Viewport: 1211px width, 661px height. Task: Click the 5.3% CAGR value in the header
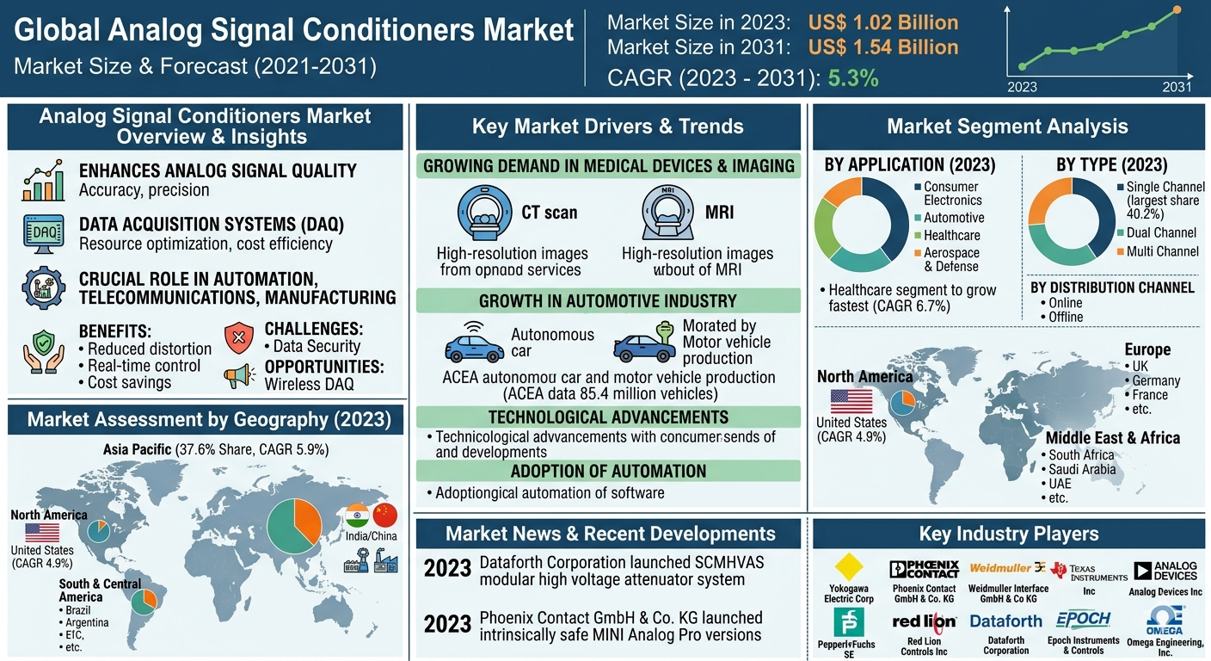pos(852,78)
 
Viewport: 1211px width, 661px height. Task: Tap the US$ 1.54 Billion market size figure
pos(883,47)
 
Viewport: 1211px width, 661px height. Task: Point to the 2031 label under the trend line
pos(1177,86)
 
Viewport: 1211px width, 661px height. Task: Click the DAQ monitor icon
pos(43,233)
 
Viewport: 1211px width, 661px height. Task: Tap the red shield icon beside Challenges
pos(239,338)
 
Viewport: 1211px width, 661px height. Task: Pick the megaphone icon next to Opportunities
pos(239,375)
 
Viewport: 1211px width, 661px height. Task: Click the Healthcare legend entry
pos(951,235)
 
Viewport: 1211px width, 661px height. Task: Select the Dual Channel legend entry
pos(1161,232)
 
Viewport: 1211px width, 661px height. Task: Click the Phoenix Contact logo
pos(924,569)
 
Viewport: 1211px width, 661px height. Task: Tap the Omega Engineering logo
pos(1165,620)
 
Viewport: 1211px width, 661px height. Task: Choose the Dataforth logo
pos(1005,621)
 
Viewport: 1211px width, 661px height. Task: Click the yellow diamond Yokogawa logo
pos(849,567)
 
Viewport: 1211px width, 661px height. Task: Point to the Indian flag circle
pos(357,516)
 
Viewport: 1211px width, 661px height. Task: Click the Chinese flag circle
pos(386,516)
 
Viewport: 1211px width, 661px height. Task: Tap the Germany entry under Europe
pos(1156,380)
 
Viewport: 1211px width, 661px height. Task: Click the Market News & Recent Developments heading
pos(610,534)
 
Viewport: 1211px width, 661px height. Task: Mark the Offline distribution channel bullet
pos(1066,317)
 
